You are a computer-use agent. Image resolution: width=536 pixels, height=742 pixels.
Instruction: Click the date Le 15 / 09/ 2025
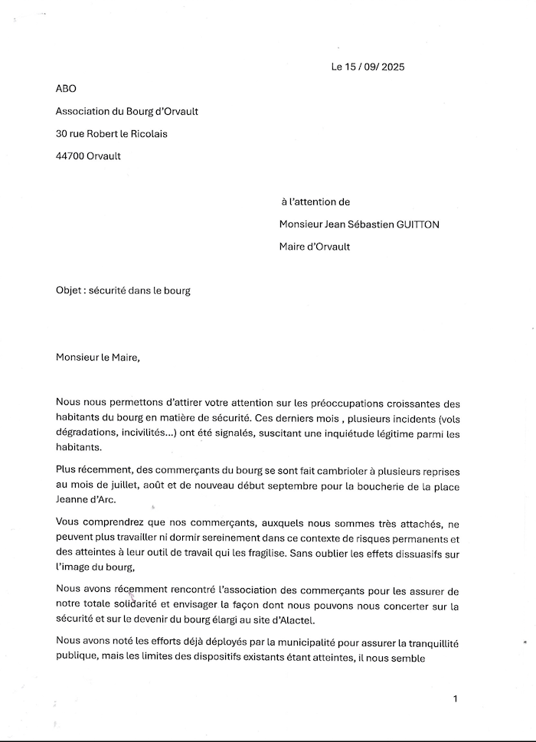click(368, 67)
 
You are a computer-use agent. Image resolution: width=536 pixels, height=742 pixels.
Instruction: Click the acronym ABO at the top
click(67, 89)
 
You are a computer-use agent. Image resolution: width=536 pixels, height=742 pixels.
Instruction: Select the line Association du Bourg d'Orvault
click(127, 111)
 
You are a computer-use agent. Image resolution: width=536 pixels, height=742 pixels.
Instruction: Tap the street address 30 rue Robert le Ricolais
click(112, 133)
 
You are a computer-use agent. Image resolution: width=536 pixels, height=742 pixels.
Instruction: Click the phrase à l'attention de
click(315, 202)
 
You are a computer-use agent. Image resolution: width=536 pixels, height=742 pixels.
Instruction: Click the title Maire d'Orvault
click(315, 247)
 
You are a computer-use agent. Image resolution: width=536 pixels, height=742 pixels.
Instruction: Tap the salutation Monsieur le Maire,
click(99, 358)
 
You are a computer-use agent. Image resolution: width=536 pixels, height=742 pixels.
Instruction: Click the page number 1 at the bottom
click(455, 698)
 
